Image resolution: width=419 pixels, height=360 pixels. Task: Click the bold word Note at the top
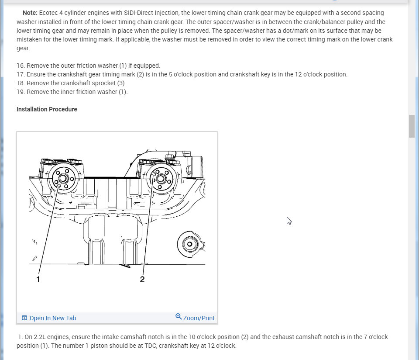[x=30, y=13]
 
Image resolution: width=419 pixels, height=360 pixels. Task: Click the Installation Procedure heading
[x=47, y=109]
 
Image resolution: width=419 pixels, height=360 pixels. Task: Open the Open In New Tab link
[x=52, y=318]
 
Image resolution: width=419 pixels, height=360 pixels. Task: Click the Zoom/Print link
[x=199, y=318]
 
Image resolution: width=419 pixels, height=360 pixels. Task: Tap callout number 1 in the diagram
[x=38, y=279]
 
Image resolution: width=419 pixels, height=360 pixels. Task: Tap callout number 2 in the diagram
[x=142, y=279]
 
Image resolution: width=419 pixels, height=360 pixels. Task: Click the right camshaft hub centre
[x=161, y=178]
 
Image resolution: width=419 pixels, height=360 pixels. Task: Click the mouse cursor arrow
[x=288, y=221]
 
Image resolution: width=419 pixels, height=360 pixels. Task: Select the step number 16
[x=20, y=66]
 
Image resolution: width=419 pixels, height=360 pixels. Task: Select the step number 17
[x=20, y=74]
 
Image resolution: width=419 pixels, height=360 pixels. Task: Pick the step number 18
[x=20, y=83]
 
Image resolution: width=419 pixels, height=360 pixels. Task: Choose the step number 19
[x=20, y=92]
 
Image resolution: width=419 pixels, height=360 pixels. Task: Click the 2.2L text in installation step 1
[x=41, y=337]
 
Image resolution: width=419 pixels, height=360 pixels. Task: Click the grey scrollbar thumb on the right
[x=412, y=126]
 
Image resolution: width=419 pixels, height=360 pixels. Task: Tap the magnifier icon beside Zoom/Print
[x=179, y=317]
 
